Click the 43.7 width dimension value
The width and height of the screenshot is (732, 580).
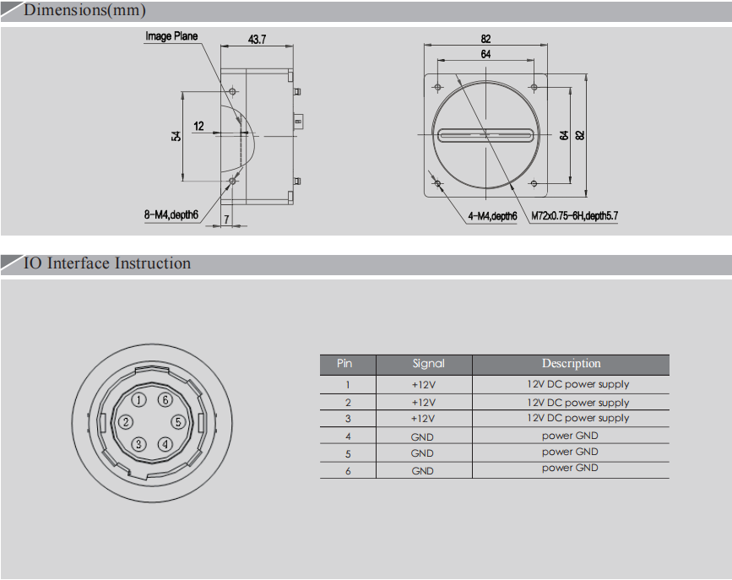(257, 39)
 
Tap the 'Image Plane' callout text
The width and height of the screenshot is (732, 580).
(171, 36)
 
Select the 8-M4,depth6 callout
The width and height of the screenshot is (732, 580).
(171, 214)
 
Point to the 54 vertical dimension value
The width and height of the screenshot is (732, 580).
(176, 136)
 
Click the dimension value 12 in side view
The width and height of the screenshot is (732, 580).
(198, 126)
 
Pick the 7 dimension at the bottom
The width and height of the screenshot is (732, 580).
(226, 219)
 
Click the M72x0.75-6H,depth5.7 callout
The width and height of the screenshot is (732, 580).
(575, 216)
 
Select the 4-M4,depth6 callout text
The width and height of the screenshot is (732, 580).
(492, 216)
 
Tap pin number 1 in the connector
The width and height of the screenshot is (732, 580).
(139, 400)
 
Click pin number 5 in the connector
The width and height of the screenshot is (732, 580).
(178, 422)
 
